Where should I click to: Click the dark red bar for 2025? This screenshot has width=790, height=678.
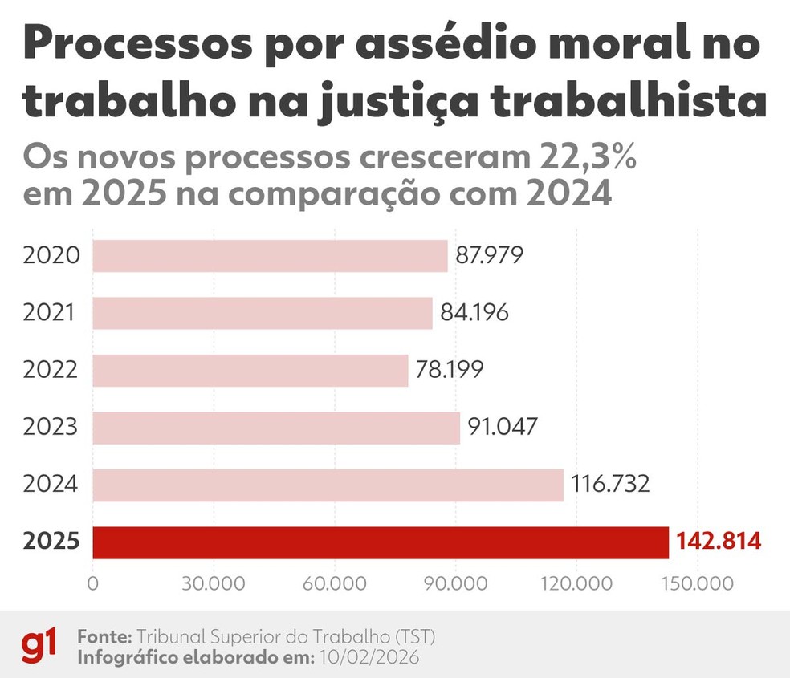tap(381, 542)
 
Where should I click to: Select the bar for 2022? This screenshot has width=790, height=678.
tap(250, 371)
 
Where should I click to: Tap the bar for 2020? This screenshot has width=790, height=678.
tap(270, 256)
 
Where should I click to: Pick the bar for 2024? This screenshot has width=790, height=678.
tap(328, 485)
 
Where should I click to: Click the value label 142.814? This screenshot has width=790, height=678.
tap(718, 542)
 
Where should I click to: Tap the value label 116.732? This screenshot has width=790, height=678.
tap(610, 485)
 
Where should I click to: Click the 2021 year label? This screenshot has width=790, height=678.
tap(50, 313)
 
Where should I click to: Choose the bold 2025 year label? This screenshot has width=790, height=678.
tap(51, 542)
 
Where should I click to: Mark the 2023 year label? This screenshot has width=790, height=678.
tap(51, 428)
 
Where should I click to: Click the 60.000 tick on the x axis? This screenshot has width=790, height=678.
tap(335, 583)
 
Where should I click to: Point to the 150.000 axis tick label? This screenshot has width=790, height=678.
tap(697, 583)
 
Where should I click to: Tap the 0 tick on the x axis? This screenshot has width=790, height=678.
tap(93, 583)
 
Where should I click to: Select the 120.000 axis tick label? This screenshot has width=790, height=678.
tap(576, 583)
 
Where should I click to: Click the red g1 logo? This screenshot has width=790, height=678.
tap(39, 645)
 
